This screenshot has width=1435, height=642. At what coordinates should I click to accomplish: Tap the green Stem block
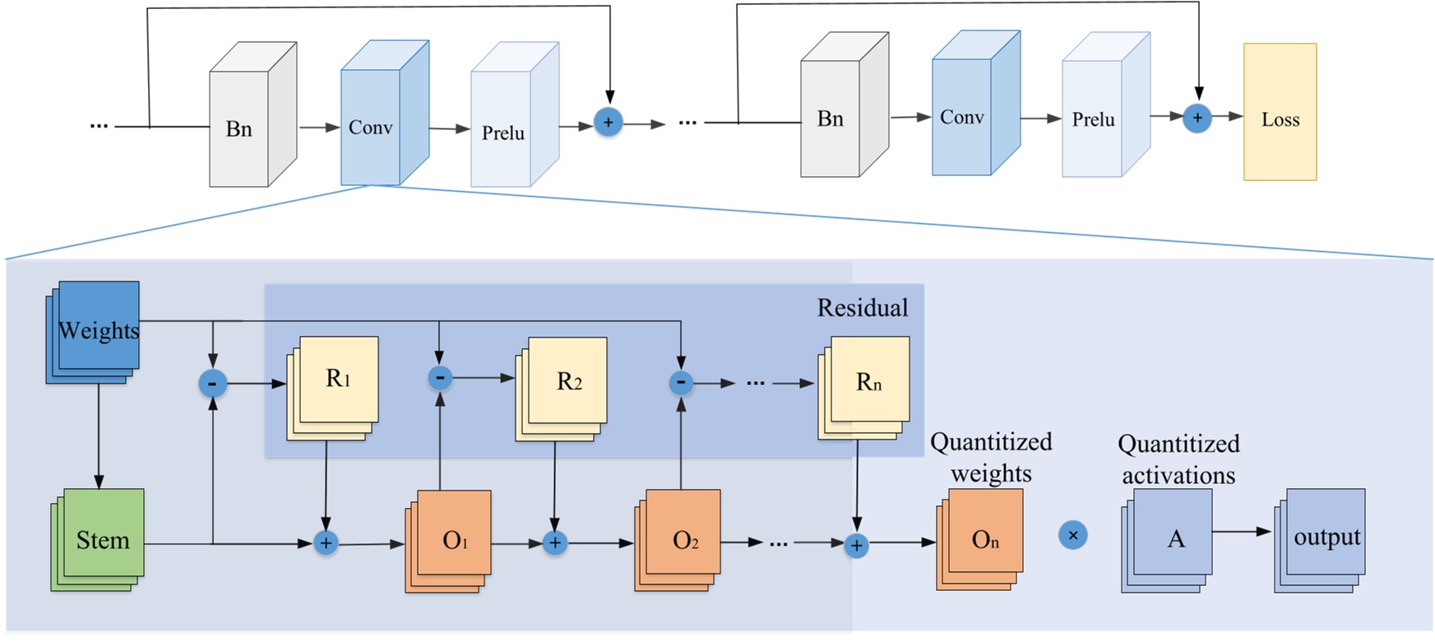100,539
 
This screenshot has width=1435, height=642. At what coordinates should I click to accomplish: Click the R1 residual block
336,383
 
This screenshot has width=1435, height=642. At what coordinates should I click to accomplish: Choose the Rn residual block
867,384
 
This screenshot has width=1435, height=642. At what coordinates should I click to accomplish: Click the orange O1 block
451,539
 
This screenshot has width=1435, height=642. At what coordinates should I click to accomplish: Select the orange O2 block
681,539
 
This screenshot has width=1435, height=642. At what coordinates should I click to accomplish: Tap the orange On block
982,538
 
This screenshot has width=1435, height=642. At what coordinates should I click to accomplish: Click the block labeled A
1171,538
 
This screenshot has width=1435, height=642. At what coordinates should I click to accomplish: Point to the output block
1323,537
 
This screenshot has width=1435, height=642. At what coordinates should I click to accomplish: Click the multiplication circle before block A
1072,535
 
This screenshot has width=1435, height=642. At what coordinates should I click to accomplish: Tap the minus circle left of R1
213,383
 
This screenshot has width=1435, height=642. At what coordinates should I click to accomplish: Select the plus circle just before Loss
1197,118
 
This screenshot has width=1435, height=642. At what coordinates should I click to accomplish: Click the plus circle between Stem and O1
326,543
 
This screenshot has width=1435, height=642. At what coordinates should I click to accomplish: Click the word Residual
862,308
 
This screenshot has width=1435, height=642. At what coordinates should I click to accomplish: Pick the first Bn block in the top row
239,128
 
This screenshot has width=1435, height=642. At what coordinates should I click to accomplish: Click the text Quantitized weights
991,458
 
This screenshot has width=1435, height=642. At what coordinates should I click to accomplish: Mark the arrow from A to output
1242,532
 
